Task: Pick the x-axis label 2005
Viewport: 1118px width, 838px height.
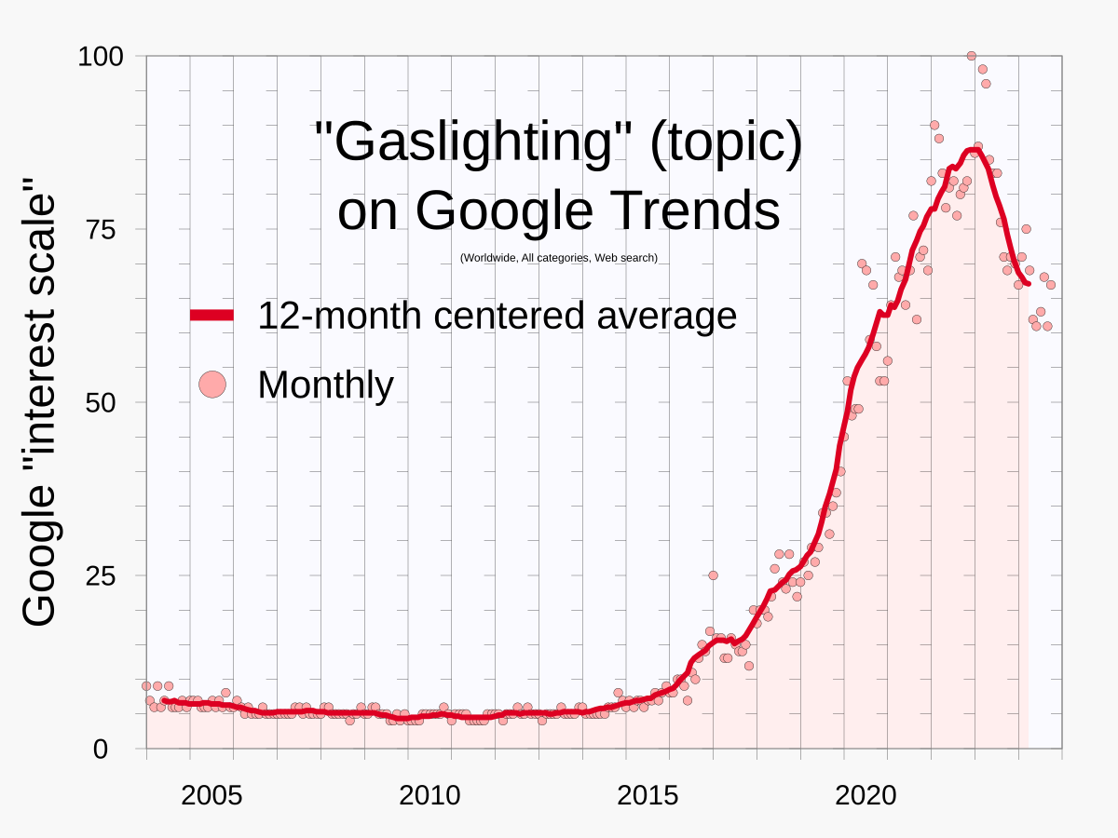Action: [211, 796]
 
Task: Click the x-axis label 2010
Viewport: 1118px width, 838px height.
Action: [429, 796]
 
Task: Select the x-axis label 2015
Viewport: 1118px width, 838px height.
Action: [648, 796]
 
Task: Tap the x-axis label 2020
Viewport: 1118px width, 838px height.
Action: [866, 796]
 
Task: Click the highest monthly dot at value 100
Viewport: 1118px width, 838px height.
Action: [971, 56]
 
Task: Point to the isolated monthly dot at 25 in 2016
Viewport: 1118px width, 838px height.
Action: [713, 575]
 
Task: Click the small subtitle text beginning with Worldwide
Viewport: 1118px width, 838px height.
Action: [559, 258]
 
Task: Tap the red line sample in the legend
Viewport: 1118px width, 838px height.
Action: [212, 316]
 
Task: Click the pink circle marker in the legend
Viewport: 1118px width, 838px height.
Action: [212, 384]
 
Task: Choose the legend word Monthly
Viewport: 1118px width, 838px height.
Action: [325, 384]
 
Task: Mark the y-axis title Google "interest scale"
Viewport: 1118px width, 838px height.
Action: [39, 402]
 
